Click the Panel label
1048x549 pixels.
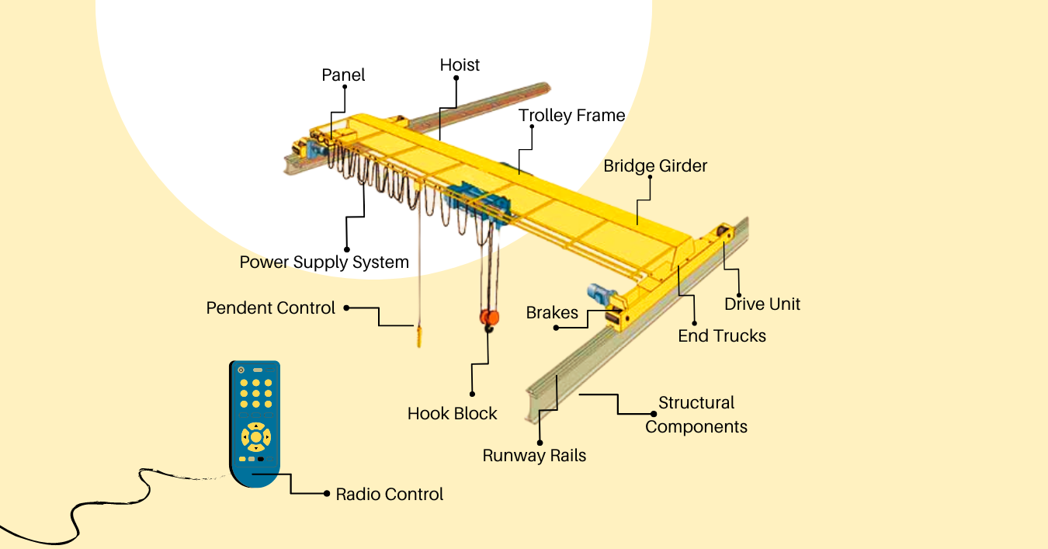coord(343,75)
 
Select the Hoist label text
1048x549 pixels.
coord(460,65)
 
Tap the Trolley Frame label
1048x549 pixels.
coord(571,116)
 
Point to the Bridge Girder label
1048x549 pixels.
coord(655,166)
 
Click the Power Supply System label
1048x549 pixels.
coord(324,262)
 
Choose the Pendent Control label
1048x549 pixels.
coord(270,308)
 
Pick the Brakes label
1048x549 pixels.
coord(552,313)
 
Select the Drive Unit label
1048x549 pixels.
coord(762,304)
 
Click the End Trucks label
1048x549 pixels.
coord(721,336)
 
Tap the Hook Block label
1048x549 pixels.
coord(452,414)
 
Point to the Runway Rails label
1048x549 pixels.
coord(534,456)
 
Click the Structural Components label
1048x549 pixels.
coord(696,415)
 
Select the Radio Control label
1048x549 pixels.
coord(389,495)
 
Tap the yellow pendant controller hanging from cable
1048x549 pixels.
coord(419,336)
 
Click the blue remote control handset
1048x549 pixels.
coord(255,423)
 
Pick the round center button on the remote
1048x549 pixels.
coord(255,437)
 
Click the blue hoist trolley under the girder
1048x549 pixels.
coord(475,203)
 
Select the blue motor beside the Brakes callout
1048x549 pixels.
coord(599,294)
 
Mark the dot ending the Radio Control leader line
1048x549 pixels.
coord(325,494)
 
